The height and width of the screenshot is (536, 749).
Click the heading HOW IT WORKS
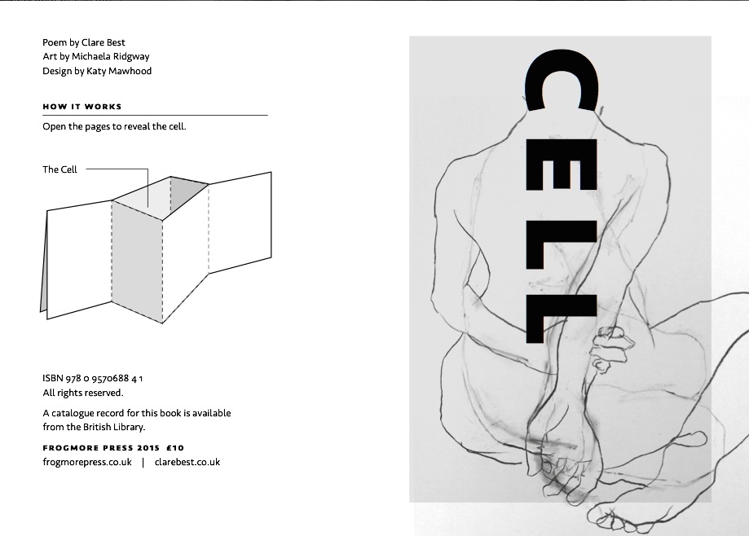coord(82,107)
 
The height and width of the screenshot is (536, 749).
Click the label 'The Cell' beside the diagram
coord(60,169)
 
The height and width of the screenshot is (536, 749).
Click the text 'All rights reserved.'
coord(82,393)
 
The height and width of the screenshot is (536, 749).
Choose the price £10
coord(175,447)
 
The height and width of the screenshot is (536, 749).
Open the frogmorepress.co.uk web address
coord(87,462)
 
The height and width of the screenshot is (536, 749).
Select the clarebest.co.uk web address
coord(187,462)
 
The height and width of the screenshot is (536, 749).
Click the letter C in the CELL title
coord(562,81)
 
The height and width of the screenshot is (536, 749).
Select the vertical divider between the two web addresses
coord(143,462)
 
